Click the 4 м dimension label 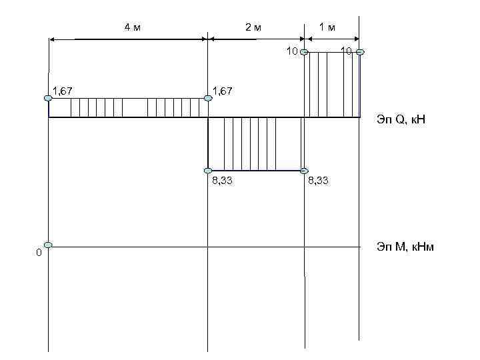[133, 27]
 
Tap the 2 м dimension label [253, 27]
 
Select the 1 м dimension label [327, 27]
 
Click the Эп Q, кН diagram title [401, 119]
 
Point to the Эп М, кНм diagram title [405, 247]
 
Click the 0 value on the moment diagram [39, 253]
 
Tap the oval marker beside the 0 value [48, 245]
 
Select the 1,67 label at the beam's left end [63, 91]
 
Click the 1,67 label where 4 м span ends [222, 91]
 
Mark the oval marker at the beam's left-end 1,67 [48, 98]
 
